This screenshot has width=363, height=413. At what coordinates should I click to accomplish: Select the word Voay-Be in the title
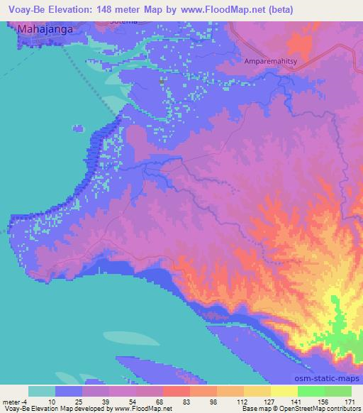[23, 9]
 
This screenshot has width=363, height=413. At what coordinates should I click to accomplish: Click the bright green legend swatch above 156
[311, 391]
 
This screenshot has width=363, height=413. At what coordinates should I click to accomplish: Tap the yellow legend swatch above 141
[284, 391]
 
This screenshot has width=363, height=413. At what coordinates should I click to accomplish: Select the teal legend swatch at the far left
[42, 391]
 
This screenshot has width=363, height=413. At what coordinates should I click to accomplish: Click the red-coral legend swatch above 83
[176, 391]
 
